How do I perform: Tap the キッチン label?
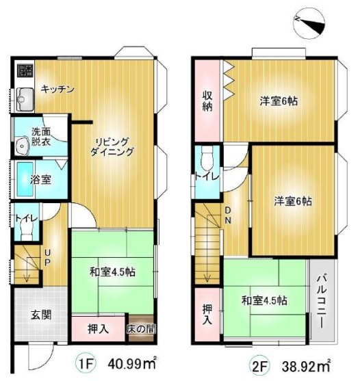(57, 90)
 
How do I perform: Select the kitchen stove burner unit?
(25, 70)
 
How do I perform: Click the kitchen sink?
(25, 99)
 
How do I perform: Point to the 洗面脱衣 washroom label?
(41, 137)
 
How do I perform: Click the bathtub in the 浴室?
(25, 179)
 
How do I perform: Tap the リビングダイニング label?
(112, 147)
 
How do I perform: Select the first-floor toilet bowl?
(27, 231)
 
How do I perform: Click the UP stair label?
(48, 258)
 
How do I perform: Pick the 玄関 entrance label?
(41, 315)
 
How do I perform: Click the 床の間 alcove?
(141, 328)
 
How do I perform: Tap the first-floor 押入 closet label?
(98, 329)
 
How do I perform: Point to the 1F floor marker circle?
(86, 364)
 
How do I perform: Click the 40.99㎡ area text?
(132, 364)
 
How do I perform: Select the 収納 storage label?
(207, 101)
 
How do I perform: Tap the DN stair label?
(227, 215)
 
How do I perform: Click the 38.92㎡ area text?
(307, 365)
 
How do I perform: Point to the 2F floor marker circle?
(260, 365)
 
